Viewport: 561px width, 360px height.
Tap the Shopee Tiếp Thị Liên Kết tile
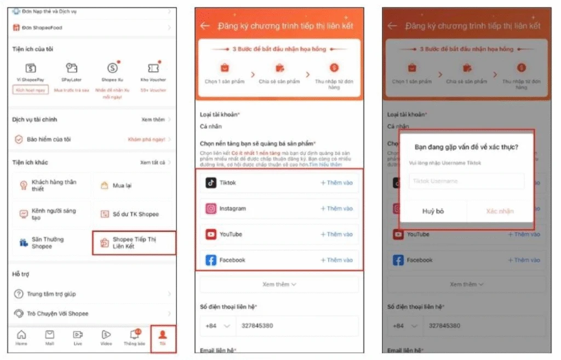coord(134,243)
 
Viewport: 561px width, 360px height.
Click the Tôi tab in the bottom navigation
coord(162,337)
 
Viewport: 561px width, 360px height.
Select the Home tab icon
coord(21,337)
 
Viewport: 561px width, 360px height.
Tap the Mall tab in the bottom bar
coord(50,337)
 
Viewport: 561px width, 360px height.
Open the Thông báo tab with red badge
coord(134,337)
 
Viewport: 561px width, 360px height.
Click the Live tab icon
coord(78,337)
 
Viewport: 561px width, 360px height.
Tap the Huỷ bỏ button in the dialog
coord(433,211)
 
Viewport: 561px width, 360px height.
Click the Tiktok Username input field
coord(466,181)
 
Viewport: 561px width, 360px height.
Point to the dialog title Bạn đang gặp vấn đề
coord(466,147)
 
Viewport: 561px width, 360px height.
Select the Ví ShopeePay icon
coord(31,68)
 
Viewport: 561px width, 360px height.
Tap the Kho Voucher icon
coord(153,68)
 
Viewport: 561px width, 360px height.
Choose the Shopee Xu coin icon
coord(112,68)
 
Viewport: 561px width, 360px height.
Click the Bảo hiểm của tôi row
coord(49,139)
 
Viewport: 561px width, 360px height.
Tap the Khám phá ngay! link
coord(146,139)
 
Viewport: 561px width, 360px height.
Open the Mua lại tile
coord(133,186)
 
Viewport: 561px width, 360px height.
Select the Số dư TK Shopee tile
coord(133,214)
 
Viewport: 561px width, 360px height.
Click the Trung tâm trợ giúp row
coord(52,294)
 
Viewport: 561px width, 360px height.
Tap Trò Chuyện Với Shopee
coord(58,313)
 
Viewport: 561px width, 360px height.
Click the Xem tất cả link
coord(153,163)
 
